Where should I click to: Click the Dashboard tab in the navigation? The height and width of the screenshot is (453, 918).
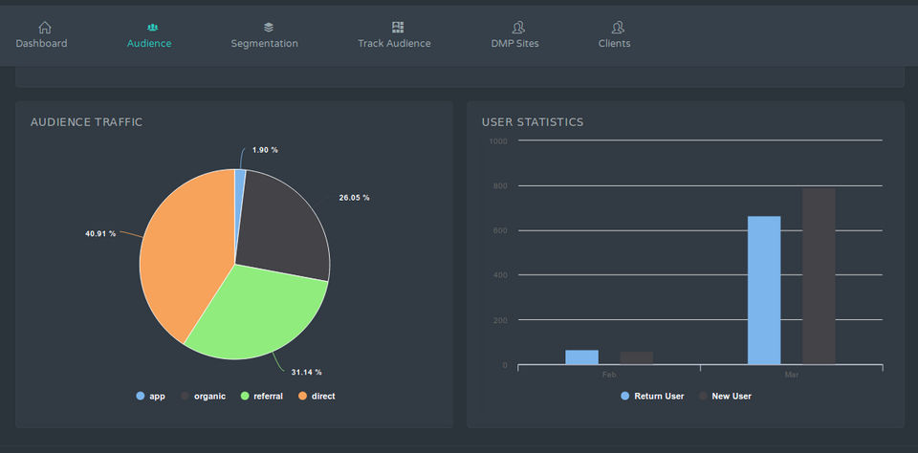coord(41,35)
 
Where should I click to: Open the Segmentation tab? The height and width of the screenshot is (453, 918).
coord(264,35)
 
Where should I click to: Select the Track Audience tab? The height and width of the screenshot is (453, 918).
coord(394,35)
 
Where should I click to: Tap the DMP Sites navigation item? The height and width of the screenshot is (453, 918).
coord(514,35)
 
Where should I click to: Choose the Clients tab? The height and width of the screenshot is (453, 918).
coord(614,35)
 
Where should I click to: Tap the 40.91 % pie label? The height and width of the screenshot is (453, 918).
coord(100,233)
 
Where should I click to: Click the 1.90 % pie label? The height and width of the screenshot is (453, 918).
coord(265,150)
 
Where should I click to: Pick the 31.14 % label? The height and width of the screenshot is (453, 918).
coord(306,372)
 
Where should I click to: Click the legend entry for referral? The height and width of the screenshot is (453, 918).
coord(261,396)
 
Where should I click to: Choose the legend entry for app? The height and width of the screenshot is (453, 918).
coord(151,396)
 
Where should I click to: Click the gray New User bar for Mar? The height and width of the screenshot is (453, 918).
coord(819,276)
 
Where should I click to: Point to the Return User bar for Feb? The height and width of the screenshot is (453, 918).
coord(581,356)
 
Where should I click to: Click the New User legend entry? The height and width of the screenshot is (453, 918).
coord(725,396)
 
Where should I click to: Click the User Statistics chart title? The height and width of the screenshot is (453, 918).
coord(533,122)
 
